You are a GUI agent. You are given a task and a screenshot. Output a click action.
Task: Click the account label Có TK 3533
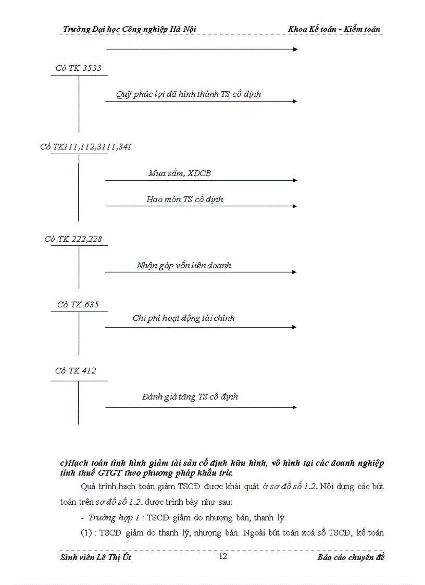pos(78,68)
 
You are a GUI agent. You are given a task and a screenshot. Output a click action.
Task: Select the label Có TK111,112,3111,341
pos(85,147)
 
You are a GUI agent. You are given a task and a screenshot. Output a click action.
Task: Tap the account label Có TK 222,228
pos(73,239)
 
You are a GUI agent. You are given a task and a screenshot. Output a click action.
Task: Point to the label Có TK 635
pos(78,304)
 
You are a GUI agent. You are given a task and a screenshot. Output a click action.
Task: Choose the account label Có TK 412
pos(76,371)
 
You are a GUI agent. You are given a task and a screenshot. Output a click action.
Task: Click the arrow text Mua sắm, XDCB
pos(180,173)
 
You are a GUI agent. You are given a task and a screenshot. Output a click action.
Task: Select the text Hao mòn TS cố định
pos(184,199)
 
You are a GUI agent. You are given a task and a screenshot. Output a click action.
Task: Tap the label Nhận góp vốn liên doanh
pos(184,265)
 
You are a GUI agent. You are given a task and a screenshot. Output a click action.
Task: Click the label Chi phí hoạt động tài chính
pos(183,318)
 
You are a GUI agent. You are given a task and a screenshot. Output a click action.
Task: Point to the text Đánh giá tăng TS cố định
pos(190,397)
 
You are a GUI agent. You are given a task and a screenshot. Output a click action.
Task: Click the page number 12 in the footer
pos(222,556)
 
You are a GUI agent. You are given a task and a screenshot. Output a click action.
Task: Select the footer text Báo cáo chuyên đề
pos(351,558)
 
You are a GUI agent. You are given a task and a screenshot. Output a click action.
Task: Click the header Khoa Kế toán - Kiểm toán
pos(334,29)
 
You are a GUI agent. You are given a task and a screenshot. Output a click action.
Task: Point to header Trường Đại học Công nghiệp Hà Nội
pos(129,29)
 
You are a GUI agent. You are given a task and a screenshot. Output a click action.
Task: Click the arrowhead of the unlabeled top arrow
pos(295,49)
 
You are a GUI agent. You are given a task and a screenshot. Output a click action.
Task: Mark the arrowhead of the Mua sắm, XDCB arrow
pos(295,180)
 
